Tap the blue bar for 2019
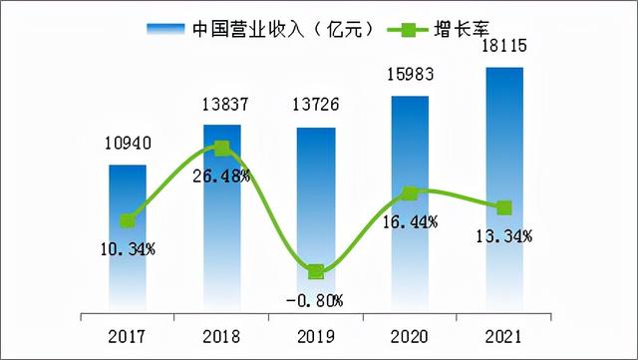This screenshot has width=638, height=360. click(x=316, y=218)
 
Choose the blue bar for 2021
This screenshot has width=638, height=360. click(x=504, y=188)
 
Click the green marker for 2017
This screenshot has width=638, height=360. click(x=128, y=221)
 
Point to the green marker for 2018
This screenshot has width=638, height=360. click(x=221, y=148)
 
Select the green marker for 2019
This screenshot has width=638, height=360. click(x=316, y=271)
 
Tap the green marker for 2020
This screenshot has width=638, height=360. click(x=410, y=192)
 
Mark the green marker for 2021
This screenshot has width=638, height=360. click(x=504, y=207)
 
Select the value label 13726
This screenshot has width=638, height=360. click(x=316, y=108)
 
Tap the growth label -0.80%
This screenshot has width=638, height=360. click(x=315, y=298)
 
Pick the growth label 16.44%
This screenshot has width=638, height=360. click(x=411, y=222)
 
